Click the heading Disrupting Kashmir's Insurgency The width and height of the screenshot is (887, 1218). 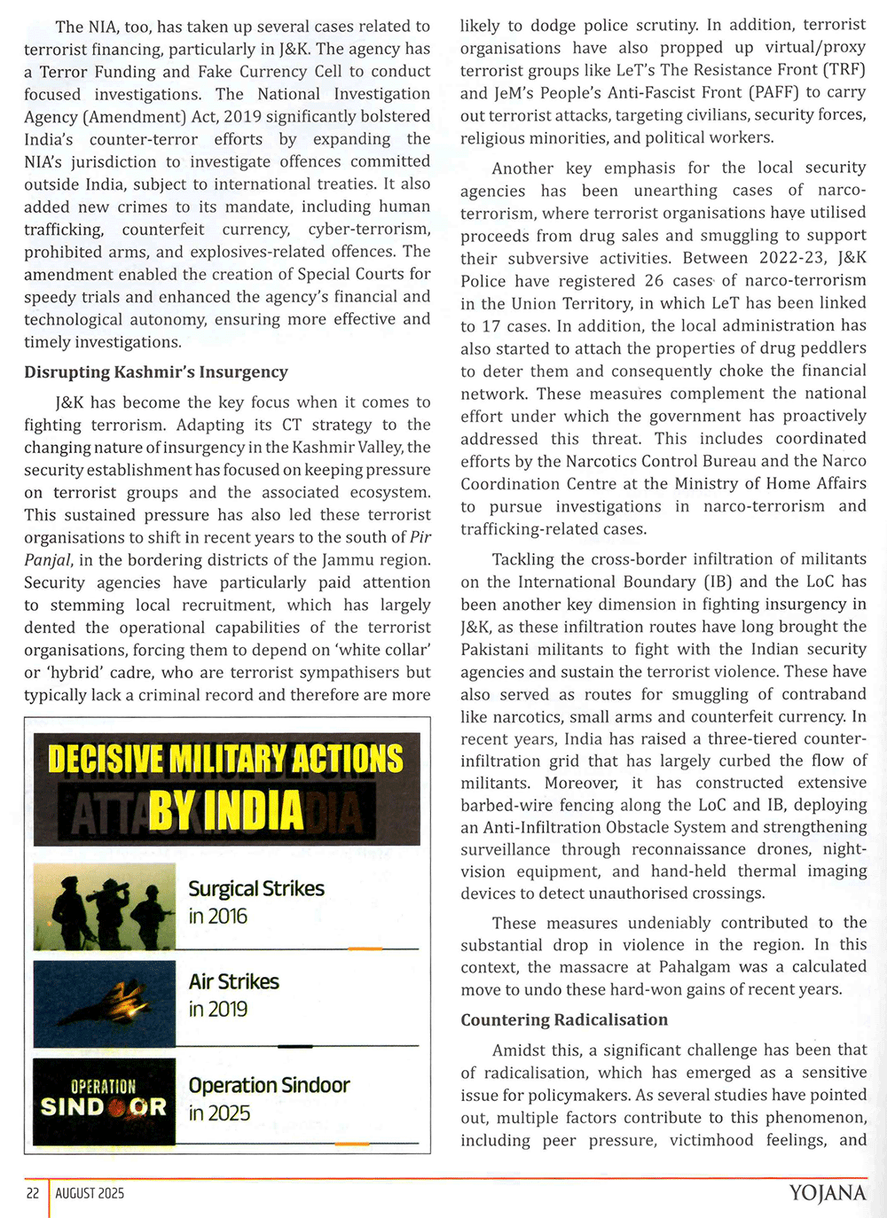click(156, 372)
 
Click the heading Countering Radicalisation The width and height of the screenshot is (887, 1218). click(564, 1019)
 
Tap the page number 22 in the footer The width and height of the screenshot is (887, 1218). click(33, 1193)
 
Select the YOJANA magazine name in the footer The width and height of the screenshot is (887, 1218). click(827, 1193)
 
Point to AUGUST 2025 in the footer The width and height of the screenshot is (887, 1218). click(90, 1193)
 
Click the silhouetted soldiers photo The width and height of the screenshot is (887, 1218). click(105, 907)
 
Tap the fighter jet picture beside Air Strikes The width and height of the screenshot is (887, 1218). click(105, 1003)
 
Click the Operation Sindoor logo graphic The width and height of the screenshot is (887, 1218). click(105, 1100)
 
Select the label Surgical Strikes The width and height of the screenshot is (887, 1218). click(256, 888)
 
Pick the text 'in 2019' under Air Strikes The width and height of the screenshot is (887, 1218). click(218, 1009)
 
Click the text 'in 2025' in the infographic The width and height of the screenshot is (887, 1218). click(219, 1113)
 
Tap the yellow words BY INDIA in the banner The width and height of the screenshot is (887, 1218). click(225, 809)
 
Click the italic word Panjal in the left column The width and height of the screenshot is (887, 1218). click(50, 560)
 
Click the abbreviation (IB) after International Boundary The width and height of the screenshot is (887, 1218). click(717, 582)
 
